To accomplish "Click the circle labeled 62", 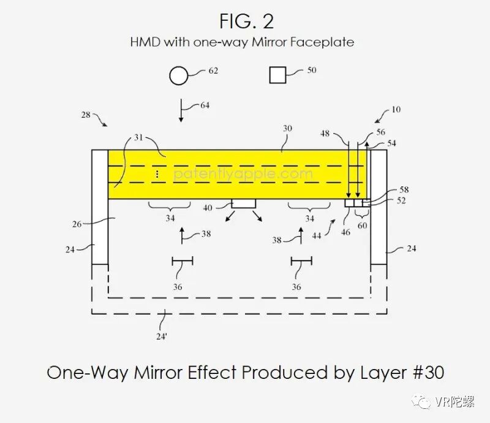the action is (178, 76).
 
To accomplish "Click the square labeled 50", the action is (278, 75).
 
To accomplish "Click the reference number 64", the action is (204, 105).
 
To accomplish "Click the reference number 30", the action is (287, 129).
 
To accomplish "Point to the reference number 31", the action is (138, 138).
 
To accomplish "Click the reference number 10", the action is (396, 110).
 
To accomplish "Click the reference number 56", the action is (380, 132).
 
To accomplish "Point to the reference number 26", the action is (77, 224).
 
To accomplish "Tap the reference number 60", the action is (362, 226).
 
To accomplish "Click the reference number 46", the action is (346, 232).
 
